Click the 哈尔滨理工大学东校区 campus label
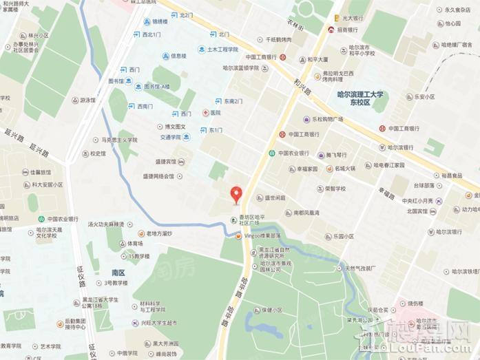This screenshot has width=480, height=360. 358,98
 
